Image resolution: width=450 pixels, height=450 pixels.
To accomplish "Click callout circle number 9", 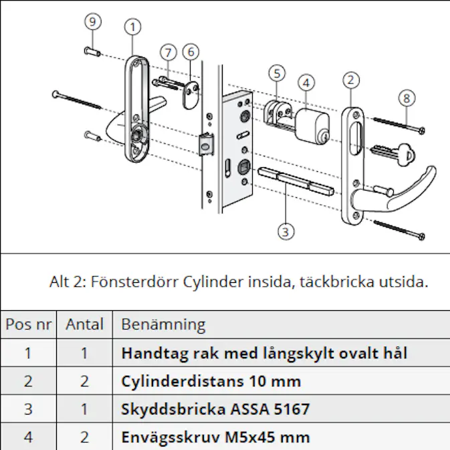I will pos(93,21).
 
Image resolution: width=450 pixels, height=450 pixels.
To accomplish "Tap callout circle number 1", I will pos(133,27).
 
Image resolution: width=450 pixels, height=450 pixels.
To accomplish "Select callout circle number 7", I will pos(168,52).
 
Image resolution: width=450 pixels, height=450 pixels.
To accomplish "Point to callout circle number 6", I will pos(191,51).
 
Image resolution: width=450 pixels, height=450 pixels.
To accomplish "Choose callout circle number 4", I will pos(306,84).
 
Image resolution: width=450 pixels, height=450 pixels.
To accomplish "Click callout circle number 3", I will pos(286,231).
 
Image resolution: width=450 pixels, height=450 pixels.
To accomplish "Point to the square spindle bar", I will pos(294,179).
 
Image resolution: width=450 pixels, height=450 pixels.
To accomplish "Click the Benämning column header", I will pos(163,325).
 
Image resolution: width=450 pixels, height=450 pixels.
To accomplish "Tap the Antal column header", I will pos(84,325).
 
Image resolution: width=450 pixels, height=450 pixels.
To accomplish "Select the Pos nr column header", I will pos(28,325).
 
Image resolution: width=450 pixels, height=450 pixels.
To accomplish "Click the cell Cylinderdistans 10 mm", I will pos(211,381).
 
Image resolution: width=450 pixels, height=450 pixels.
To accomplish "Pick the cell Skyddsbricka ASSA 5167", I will pos(215,409).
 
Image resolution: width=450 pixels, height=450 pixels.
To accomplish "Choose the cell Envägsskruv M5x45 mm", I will pos(215,437).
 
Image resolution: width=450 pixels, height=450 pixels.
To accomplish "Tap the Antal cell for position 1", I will pos(84,353).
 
